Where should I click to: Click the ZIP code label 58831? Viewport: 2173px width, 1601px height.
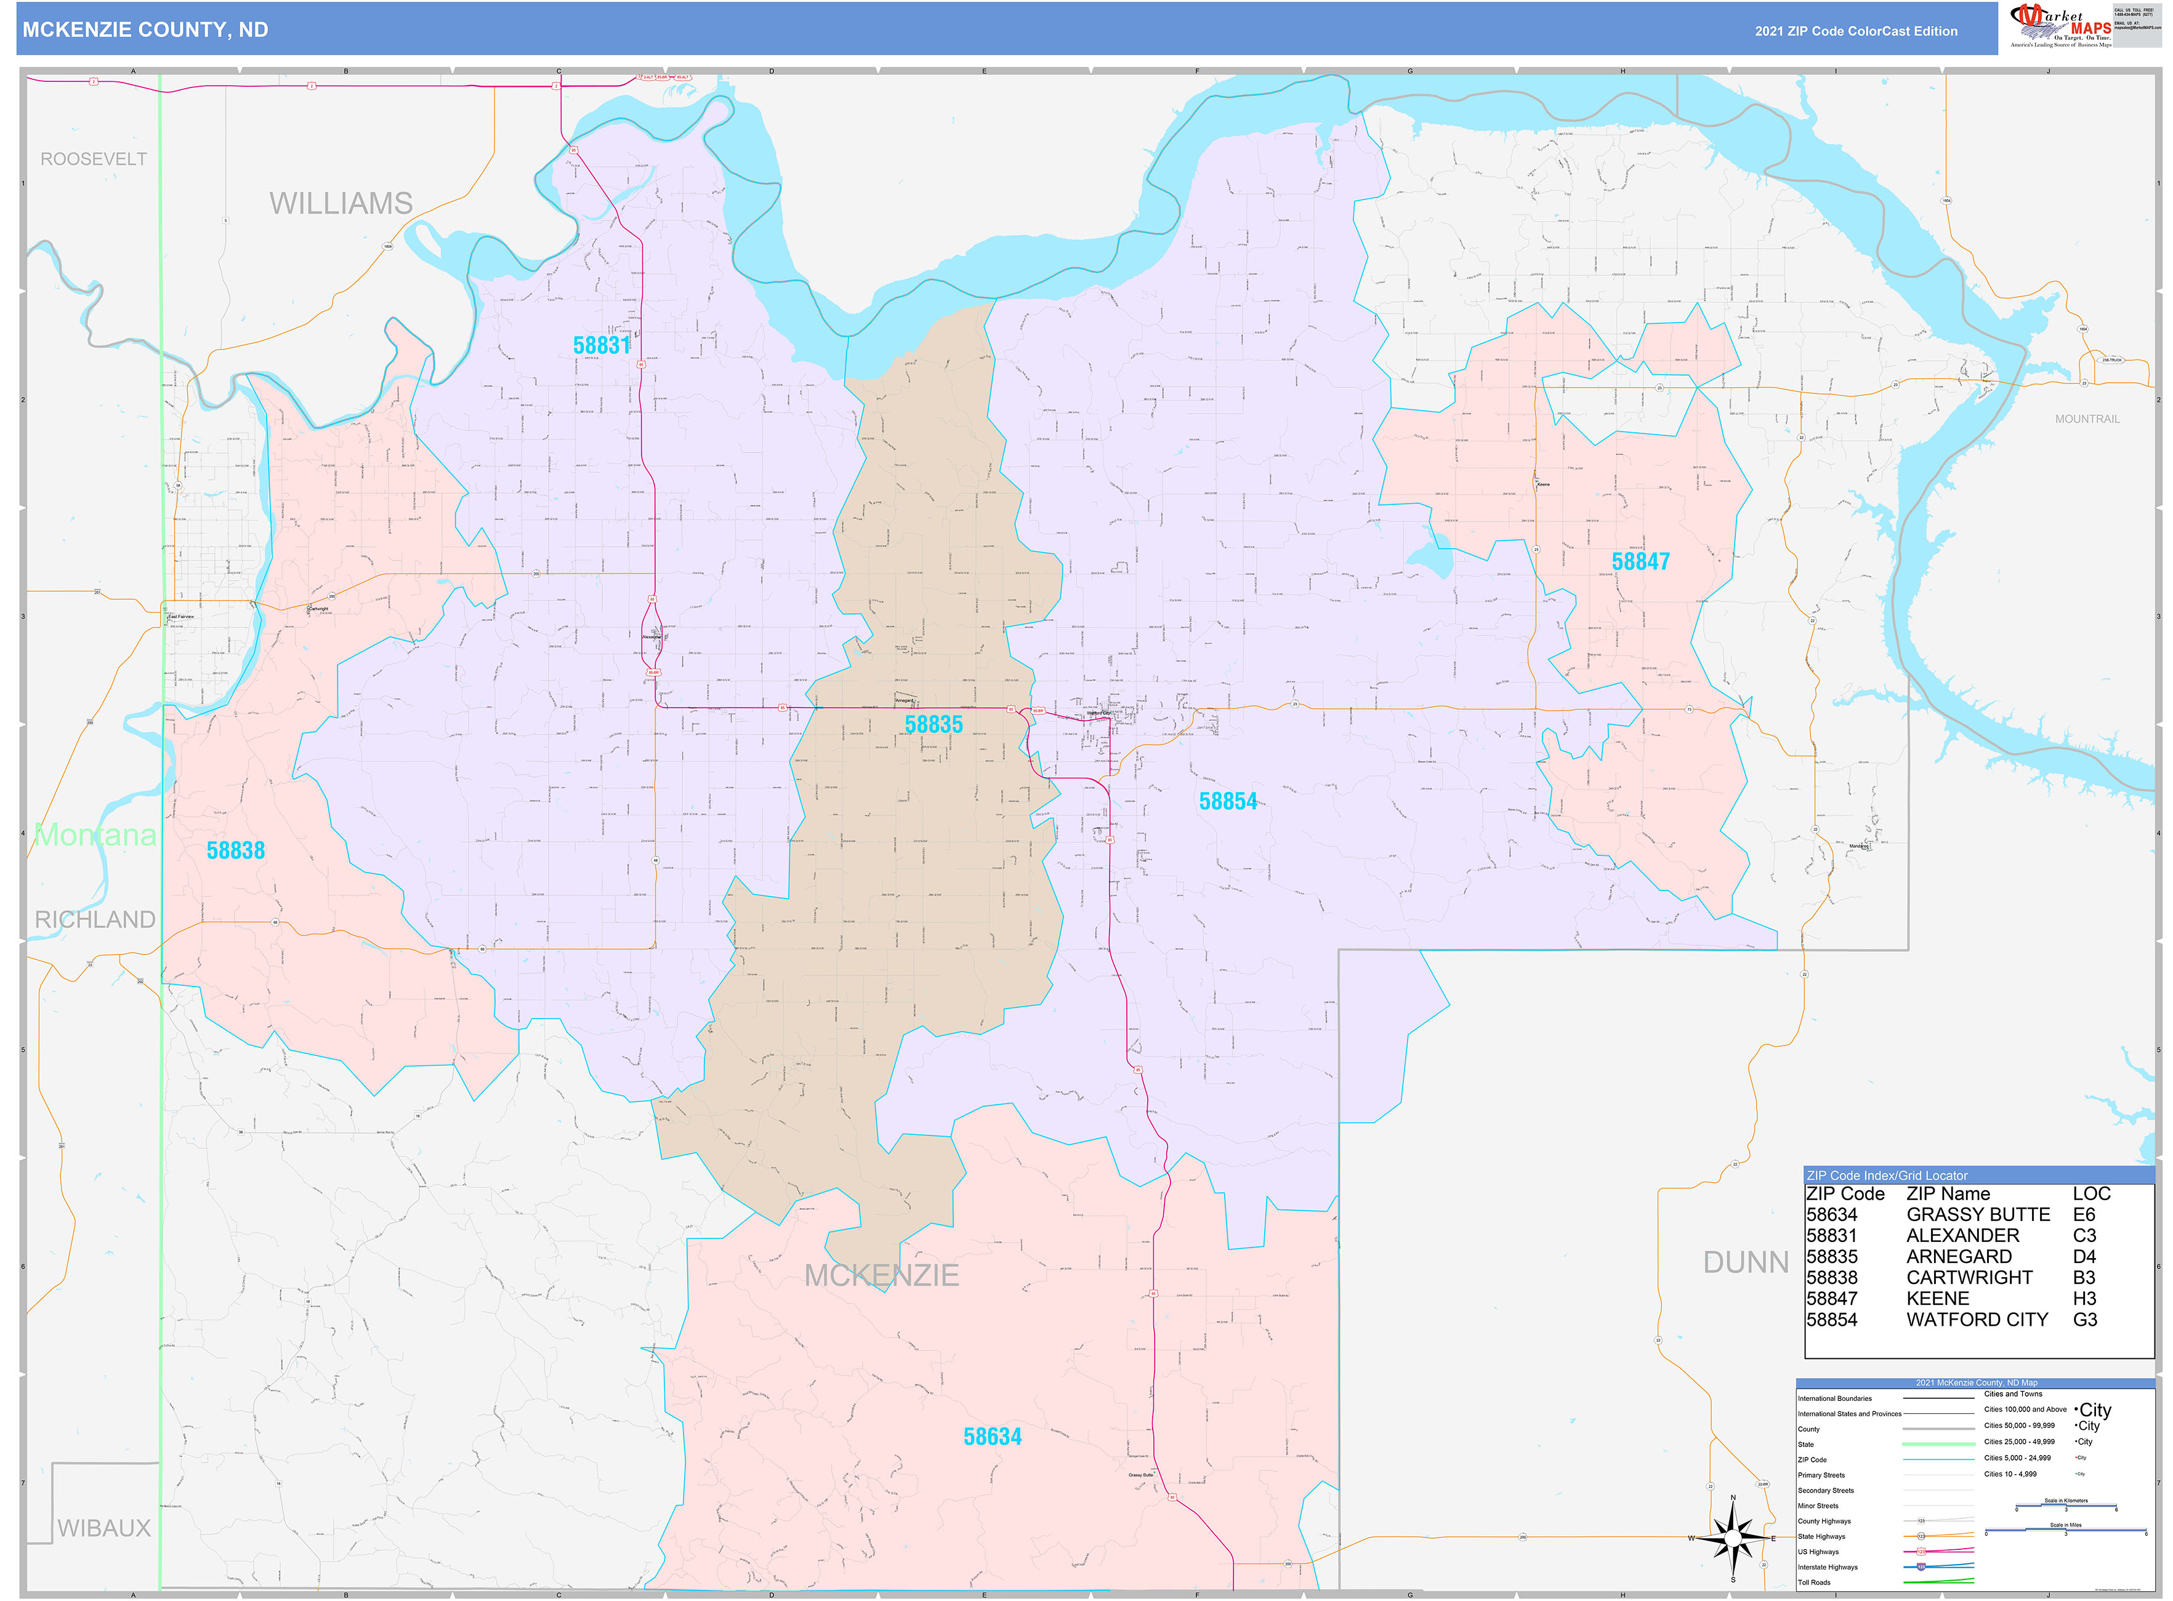coord(601,345)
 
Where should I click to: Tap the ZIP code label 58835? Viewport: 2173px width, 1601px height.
coord(933,724)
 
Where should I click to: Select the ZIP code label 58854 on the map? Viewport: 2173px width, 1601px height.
coord(1227,802)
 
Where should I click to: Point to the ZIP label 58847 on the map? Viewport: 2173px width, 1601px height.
coord(1640,561)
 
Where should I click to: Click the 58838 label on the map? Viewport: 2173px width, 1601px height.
coord(235,850)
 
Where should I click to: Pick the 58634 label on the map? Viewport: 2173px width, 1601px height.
coord(991,1436)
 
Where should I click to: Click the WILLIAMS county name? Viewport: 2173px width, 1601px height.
coord(341,204)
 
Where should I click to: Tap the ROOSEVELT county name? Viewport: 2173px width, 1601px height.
coord(94,159)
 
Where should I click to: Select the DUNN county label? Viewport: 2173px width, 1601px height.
coord(1746,1262)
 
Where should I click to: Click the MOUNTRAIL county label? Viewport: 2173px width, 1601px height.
coord(2087,419)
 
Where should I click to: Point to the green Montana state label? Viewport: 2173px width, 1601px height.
coord(95,834)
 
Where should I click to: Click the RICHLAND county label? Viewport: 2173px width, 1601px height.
coord(95,919)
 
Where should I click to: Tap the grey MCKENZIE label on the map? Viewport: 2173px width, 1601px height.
coord(881,1275)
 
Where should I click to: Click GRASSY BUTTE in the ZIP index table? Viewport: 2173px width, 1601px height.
coord(1977,1214)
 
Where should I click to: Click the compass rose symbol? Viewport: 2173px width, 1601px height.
coord(1733,1538)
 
